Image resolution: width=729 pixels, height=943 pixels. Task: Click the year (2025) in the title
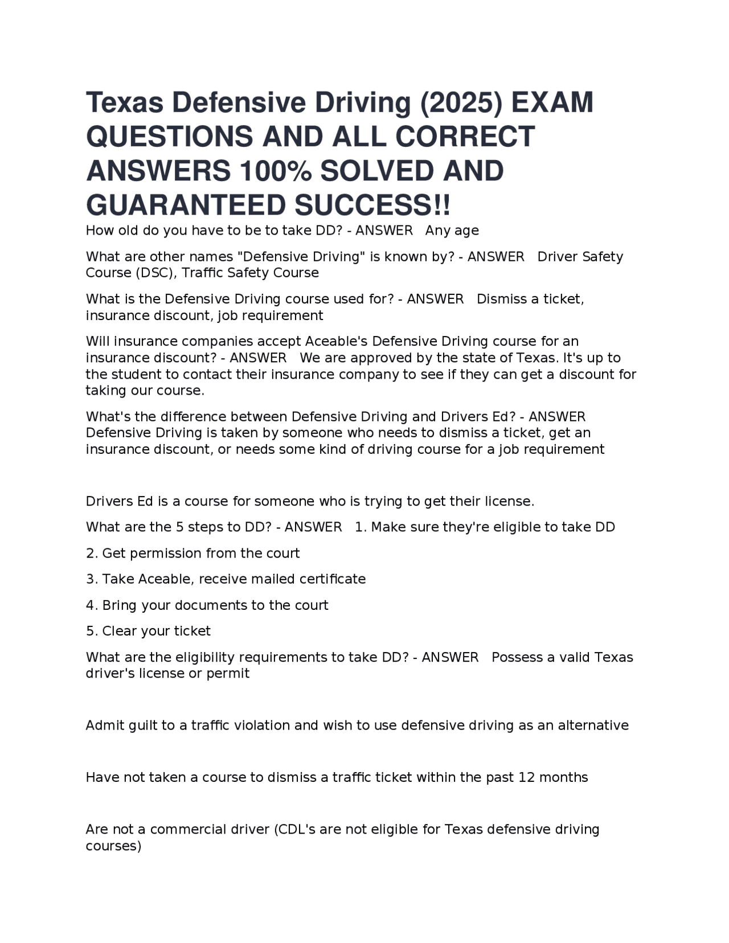(461, 103)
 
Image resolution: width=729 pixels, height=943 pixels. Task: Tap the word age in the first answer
(466, 231)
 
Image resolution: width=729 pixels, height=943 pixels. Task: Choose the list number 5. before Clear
(92, 631)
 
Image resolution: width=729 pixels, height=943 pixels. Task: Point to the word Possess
(516, 657)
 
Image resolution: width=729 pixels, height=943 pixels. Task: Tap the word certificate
(333, 579)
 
